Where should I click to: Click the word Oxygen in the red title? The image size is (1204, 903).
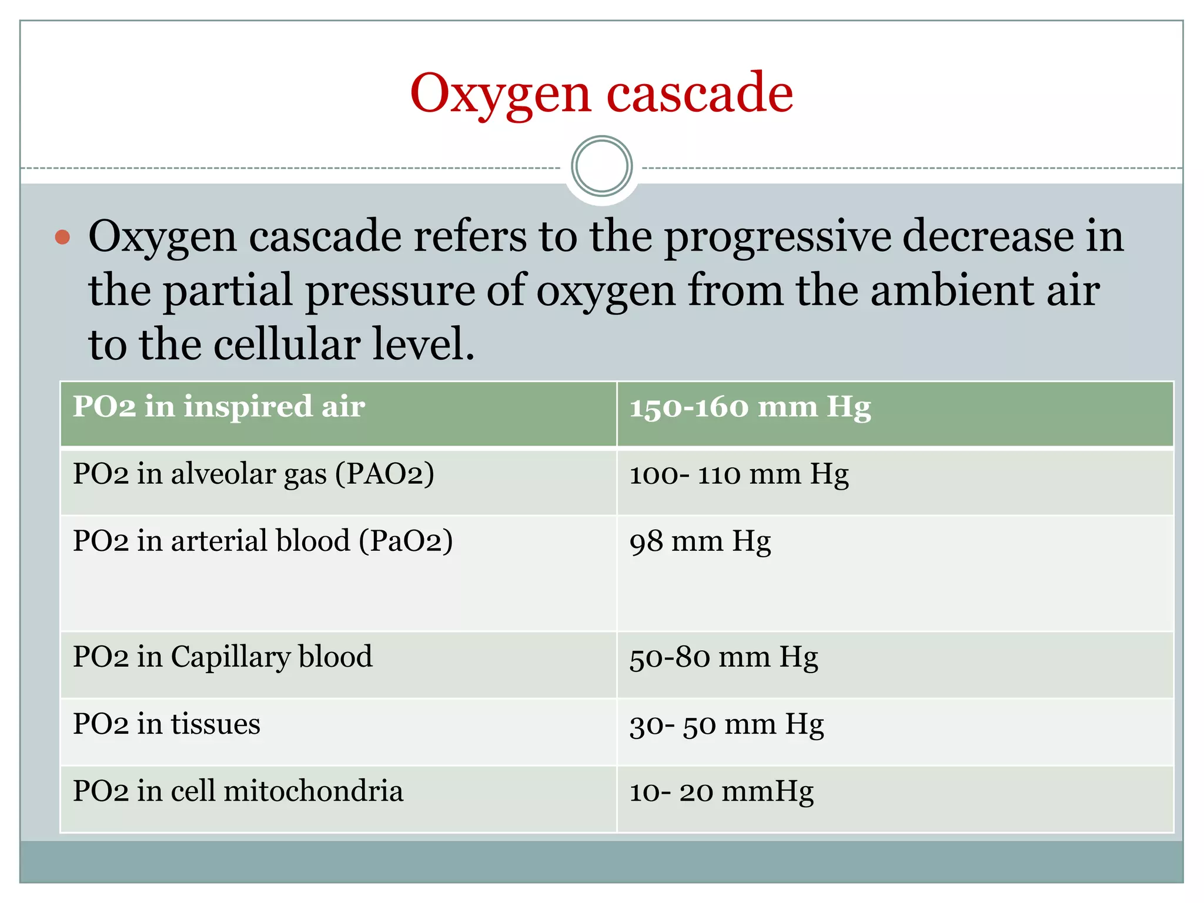(x=500, y=94)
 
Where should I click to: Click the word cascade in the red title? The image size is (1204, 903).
(x=700, y=94)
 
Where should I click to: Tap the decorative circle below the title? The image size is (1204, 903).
(x=601, y=166)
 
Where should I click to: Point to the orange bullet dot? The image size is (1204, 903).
(x=62, y=238)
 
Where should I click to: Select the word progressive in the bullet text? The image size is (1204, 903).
(x=777, y=236)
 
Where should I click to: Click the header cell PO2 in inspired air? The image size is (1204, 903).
(x=219, y=407)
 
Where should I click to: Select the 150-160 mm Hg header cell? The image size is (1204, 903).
(x=750, y=407)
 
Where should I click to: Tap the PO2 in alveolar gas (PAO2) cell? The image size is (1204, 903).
(x=253, y=474)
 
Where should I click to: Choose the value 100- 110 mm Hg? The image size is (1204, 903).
(x=739, y=474)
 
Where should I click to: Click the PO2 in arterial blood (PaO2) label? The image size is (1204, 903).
(x=263, y=541)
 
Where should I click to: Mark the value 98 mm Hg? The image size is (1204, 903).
(x=700, y=541)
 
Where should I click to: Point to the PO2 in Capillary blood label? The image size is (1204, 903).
(x=222, y=657)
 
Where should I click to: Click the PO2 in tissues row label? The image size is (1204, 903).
(x=166, y=724)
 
